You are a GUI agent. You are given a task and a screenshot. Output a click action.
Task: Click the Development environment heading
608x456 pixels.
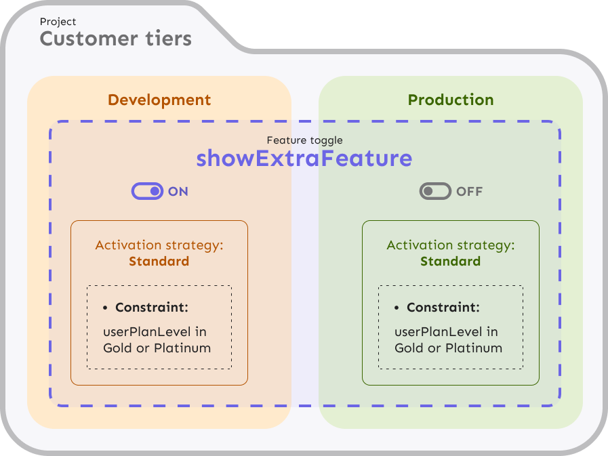(159, 100)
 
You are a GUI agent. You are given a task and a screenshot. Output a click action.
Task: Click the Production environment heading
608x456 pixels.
(451, 100)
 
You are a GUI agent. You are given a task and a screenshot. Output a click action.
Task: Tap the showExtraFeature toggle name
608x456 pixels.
(304, 158)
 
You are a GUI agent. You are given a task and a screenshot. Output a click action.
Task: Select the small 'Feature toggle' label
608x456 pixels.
(305, 140)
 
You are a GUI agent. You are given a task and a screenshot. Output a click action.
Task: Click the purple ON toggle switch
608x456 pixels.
(147, 191)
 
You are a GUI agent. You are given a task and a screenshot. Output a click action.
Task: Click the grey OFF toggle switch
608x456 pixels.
(435, 191)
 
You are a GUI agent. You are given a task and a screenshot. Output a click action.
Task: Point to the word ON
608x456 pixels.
(178, 192)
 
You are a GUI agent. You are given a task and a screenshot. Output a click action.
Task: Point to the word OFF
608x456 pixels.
(470, 192)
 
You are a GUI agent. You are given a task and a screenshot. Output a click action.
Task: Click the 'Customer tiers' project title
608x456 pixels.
(116, 39)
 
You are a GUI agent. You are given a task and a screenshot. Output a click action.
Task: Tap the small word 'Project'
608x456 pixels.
(58, 22)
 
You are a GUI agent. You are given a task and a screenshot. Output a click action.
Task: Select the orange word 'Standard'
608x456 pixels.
(159, 262)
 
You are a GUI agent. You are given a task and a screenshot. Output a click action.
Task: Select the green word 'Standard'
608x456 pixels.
(451, 262)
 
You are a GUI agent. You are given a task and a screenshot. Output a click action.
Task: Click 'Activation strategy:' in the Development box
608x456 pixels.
(159, 245)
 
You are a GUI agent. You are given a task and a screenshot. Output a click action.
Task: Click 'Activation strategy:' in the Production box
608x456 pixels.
(451, 245)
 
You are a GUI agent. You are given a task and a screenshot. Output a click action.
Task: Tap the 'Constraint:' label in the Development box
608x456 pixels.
(152, 308)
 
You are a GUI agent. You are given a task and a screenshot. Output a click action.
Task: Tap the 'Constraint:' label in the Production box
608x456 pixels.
(443, 308)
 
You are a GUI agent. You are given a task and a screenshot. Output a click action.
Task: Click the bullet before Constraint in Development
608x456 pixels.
(105, 308)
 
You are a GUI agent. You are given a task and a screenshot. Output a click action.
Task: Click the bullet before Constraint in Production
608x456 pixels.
(397, 308)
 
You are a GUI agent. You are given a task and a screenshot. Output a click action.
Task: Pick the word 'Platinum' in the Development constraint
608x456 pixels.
(182, 348)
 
